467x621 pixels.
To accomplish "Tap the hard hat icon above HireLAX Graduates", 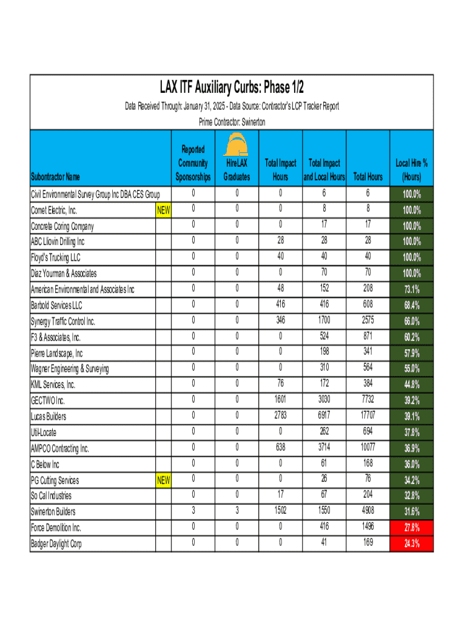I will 236,146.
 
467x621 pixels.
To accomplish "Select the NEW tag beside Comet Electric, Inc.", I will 163,210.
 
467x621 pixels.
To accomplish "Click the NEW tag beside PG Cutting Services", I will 163,480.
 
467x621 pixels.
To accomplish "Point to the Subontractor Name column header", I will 56,177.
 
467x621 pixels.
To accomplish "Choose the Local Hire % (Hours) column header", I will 412,170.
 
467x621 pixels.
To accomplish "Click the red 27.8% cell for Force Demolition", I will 412,528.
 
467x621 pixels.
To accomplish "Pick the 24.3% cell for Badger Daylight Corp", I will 412,544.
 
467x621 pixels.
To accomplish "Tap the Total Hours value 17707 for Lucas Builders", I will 368,416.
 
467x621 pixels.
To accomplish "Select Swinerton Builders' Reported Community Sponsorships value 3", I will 193,511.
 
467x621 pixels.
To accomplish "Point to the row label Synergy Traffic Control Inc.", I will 63,321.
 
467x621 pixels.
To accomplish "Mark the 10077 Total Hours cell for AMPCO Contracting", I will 368,448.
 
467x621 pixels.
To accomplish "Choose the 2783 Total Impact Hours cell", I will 280,416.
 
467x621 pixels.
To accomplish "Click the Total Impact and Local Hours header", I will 324,170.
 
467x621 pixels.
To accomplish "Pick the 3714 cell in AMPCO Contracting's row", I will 324,448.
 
